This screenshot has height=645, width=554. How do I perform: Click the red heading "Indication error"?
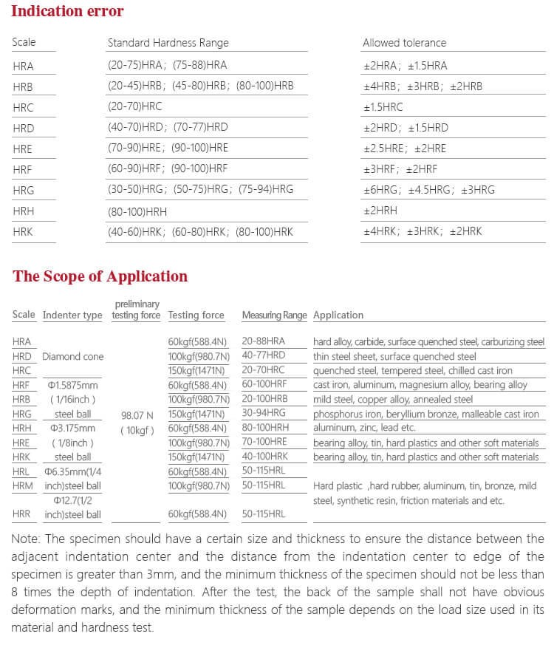click(67, 11)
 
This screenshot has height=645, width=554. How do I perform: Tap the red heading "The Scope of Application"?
click(100, 276)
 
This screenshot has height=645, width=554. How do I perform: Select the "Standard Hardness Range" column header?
click(168, 43)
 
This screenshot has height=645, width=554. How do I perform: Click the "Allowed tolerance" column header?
click(404, 43)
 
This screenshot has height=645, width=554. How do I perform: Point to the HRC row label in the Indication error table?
click(23, 107)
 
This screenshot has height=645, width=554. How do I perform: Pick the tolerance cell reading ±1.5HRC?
click(383, 107)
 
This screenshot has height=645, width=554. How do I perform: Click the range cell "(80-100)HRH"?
click(137, 211)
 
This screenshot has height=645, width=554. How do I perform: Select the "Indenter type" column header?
click(72, 315)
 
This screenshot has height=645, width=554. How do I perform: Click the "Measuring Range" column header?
click(274, 315)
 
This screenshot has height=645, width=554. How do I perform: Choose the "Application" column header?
click(338, 315)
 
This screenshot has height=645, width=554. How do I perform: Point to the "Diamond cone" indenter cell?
click(72, 356)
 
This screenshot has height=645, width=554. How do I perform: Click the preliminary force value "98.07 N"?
click(137, 415)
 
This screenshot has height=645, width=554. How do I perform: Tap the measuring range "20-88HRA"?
click(263, 341)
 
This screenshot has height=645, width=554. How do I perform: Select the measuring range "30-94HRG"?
click(263, 414)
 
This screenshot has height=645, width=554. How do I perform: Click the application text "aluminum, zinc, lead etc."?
click(364, 428)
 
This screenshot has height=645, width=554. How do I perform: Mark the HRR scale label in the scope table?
click(22, 514)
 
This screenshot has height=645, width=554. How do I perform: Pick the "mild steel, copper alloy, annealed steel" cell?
click(392, 400)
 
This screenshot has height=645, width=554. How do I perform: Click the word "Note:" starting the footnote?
click(26, 539)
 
